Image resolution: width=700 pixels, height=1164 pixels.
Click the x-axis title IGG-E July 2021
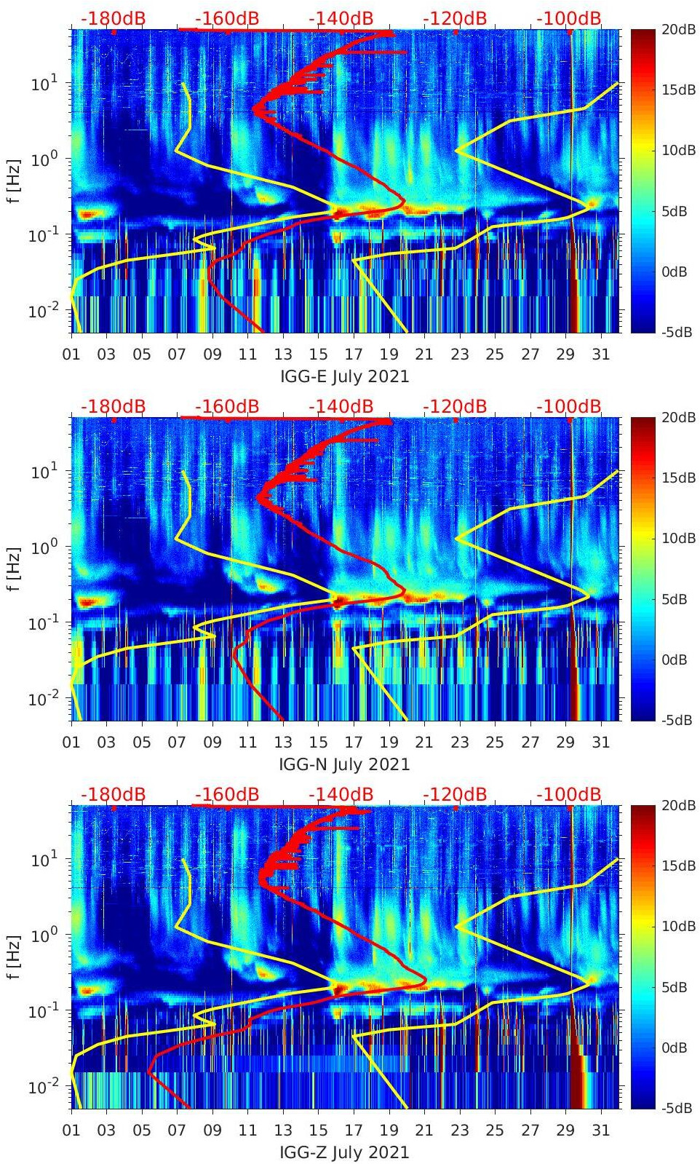[x=344, y=377]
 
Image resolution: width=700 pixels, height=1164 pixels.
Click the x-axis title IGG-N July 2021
[x=344, y=765]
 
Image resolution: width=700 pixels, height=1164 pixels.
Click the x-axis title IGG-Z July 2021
[x=344, y=1153]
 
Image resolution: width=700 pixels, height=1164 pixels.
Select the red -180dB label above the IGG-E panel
[x=113, y=19]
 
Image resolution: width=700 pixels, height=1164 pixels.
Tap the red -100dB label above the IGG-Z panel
[x=569, y=795]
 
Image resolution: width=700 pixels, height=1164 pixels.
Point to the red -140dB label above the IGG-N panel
[x=341, y=407]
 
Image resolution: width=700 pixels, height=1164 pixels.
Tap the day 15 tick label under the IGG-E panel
[x=318, y=355]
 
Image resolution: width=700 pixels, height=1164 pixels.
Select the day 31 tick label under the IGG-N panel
[x=600, y=743]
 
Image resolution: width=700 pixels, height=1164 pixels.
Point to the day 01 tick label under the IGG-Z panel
[x=71, y=1131]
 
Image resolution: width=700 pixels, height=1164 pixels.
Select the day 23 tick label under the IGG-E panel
[x=459, y=355]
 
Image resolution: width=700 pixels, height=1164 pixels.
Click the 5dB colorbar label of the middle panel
[x=675, y=599]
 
